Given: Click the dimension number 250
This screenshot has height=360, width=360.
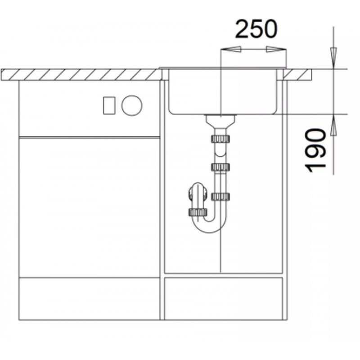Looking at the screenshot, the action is (x=256, y=29).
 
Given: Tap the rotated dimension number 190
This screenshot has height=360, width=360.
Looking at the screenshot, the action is (x=315, y=150).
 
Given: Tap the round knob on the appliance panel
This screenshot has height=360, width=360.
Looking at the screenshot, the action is (x=132, y=106).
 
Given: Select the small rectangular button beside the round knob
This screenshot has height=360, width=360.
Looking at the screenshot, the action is (x=109, y=106).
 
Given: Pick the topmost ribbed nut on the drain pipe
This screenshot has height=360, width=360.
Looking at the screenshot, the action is (x=220, y=139).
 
